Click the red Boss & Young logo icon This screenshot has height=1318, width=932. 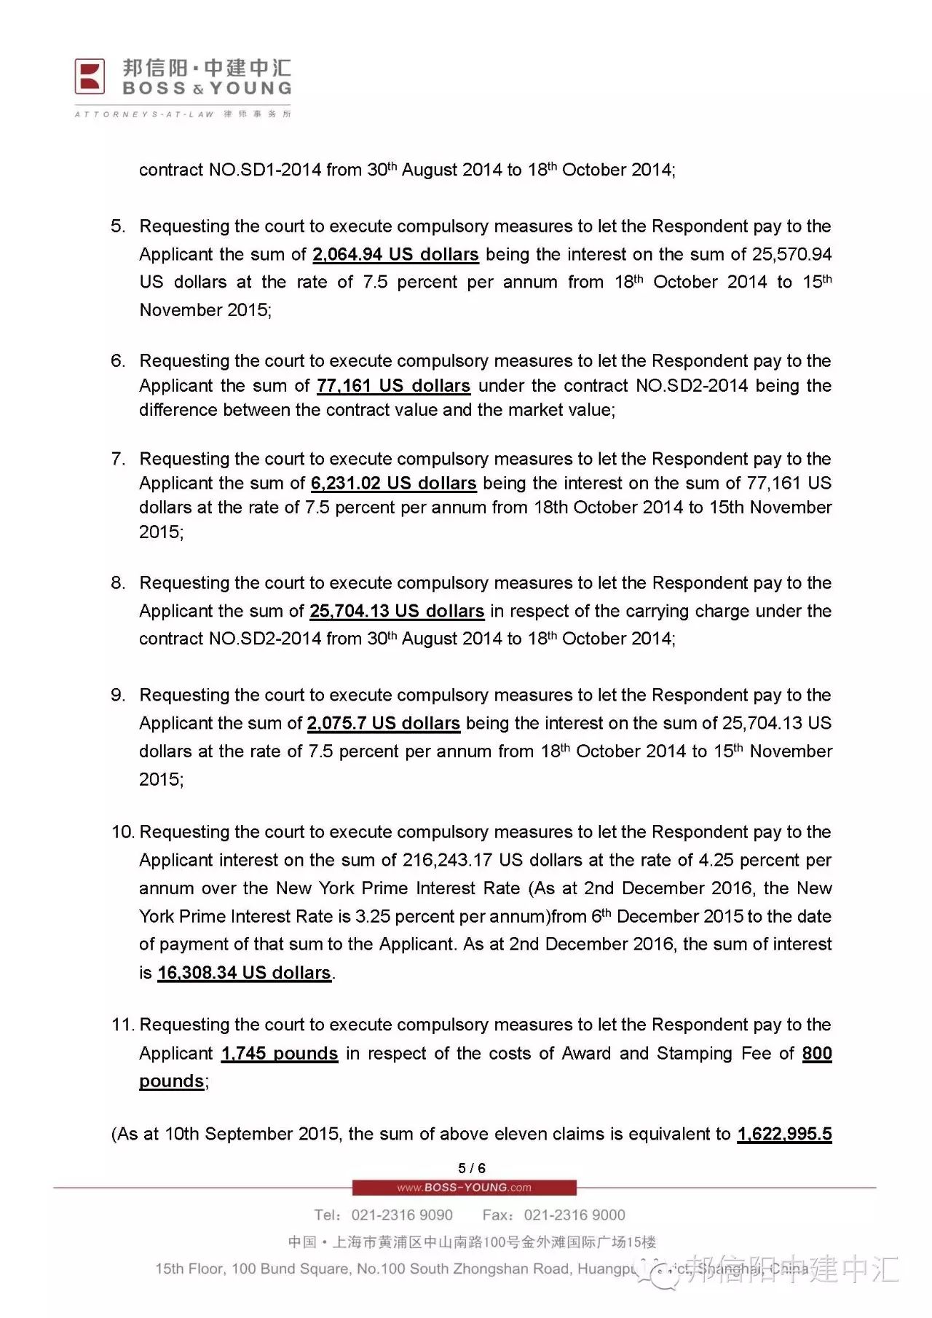point(90,76)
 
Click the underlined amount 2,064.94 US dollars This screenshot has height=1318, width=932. point(395,255)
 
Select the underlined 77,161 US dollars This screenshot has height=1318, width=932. point(393,386)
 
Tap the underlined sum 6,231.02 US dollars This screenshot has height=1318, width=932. point(393,484)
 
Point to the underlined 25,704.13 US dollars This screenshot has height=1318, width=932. point(397,611)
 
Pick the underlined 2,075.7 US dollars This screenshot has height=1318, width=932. point(383,723)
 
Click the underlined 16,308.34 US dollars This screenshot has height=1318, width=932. point(244,973)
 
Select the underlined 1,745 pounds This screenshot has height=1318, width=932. point(280,1054)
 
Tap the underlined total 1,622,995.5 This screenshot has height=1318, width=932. point(784,1134)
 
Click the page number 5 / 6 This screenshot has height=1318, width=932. point(472,1168)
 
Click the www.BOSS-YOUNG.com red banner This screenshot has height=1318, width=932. point(465,1188)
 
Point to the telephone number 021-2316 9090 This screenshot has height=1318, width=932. point(402,1215)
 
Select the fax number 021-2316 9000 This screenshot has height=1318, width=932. point(574,1215)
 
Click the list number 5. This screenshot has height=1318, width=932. point(118,226)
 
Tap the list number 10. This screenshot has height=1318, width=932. point(122,832)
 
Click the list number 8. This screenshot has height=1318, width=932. point(118,583)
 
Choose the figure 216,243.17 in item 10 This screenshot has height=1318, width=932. point(447,861)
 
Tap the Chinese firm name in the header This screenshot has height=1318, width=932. point(207,68)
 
